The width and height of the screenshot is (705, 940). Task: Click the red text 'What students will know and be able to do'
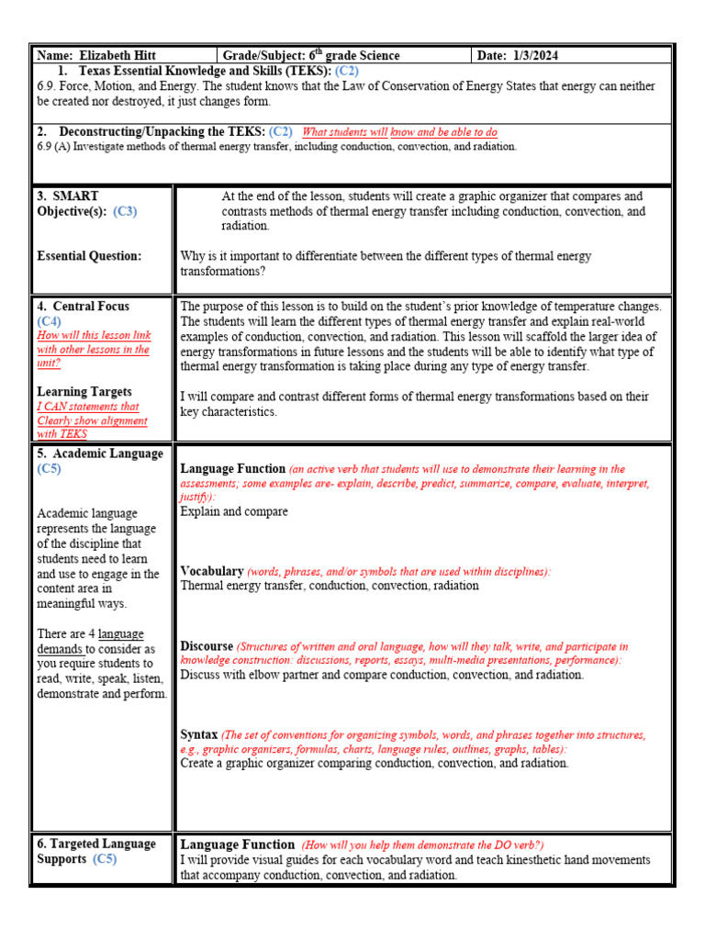click(399, 132)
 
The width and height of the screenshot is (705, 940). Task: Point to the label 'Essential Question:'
click(89, 256)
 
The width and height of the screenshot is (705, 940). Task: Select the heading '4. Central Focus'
click(83, 307)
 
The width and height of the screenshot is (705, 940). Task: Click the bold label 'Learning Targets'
click(84, 392)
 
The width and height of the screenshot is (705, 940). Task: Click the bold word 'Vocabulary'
click(211, 571)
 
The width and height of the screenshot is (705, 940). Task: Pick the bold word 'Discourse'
click(207, 646)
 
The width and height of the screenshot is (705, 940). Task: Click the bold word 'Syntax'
click(198, 735)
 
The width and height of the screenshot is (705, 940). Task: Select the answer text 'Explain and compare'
click(234, 511)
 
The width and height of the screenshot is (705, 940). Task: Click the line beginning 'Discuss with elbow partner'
click(381, 675)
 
